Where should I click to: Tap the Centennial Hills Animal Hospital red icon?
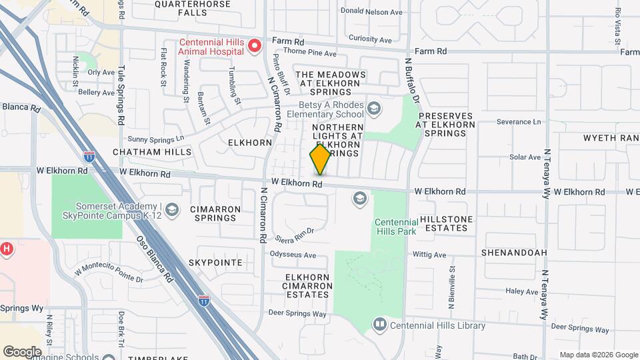tap(254, 46)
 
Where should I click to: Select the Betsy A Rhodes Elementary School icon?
tap(374, 108)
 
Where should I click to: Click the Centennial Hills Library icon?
tap(380, 325)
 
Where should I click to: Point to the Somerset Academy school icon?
tap(173, 211)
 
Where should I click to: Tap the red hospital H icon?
tap(6, 249)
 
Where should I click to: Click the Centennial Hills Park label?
tap(395, 227)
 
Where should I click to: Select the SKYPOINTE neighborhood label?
tap(215, 263)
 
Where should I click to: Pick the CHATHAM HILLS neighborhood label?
tap(152, 152)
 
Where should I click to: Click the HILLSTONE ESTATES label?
tap(446, 223)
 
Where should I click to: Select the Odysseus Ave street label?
tap(293, 255)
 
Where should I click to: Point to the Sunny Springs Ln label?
tap(155, 139)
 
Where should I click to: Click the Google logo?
tap(22, 351)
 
